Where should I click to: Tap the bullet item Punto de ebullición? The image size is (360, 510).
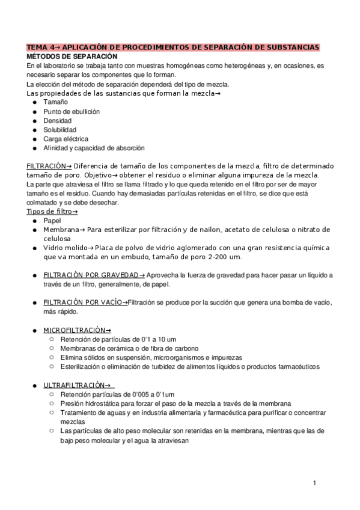(72, 112)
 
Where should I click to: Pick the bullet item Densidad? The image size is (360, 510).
(58, 121)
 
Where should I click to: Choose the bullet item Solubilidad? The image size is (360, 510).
(60, 130)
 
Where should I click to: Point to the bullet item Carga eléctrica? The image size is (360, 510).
(66, 139)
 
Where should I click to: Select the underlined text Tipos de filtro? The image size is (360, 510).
(50, 212)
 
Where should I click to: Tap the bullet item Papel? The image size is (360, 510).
(52, 221)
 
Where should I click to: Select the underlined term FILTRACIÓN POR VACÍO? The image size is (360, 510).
(84, 302)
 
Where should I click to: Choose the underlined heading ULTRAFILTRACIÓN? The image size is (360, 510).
(76, 385)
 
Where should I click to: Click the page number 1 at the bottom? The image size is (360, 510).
(314, 483)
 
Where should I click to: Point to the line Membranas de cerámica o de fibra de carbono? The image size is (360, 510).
(129, 348)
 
